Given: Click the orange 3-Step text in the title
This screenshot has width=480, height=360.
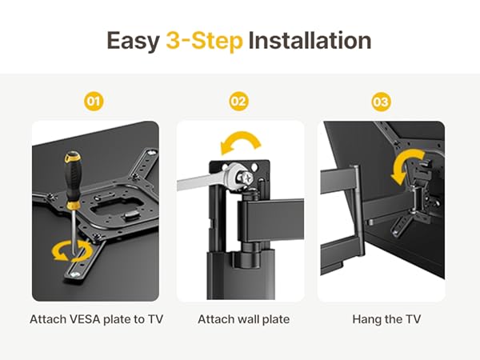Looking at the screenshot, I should click(x=204, y=41).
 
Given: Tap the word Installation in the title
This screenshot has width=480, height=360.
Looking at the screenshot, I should click(x=310, y=41).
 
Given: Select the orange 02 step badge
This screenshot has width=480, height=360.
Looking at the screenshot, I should click(x=239, y=102).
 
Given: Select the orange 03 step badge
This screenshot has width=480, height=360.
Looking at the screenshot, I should click(x=381, y=102).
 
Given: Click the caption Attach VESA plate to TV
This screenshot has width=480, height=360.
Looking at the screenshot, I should click(x=95, y=319).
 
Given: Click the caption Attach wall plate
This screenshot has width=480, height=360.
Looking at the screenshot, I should click(x=243, y=319).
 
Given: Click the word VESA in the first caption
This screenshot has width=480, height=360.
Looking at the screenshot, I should click(x=84, y=319).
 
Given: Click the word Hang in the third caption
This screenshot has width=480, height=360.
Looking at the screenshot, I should click(x=366, y=319).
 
